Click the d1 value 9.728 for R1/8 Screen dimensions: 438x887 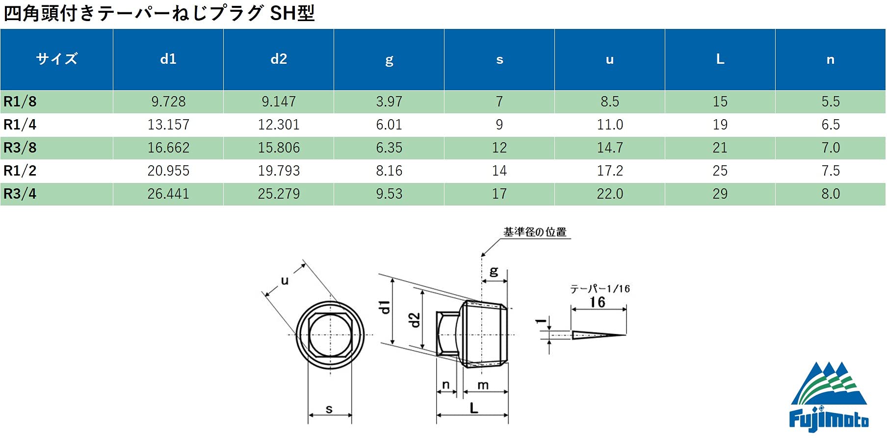pyautogui.click(x=168, y=102)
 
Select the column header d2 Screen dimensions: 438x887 pyautogui.click(x=279, y=59)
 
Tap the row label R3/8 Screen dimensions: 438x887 pyautogui.click(x=20, y=148)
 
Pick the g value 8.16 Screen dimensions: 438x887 pyautogui.click(x=389, y=171)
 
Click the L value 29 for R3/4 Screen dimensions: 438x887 pyautogui.click(x=720, y=194)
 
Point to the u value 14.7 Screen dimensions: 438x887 pyautogui.click(x=610, y=148)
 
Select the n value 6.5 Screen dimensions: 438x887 pyautogui.click(x=831, y=125)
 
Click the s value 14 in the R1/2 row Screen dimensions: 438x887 pyautogui.click(x=499, y=171)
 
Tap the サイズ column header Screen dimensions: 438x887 pyautogui.click(x=56, y=59)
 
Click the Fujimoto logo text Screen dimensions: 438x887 pyautogui.click(x=828, y=419)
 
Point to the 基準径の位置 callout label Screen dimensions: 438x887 pyautogui.click(x=535, y=232)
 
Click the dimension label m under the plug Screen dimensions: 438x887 pyautogui.click(x=483, y=385)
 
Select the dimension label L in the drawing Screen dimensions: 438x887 pyautogui.click(x=473, y=408)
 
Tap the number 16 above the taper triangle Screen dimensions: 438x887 pyautogui.click(x=597, y=302)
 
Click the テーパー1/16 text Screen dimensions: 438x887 pyautogui.click(x=600, y=289)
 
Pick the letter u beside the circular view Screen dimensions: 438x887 pyautogui.click(x=285, y=281)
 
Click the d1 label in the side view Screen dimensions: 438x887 pyautogui.click(x=385, y=307)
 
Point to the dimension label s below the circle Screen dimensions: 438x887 pyautogui.click(x=329, y=409)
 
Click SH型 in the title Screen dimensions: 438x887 pyautogui.click(x=292, y=13)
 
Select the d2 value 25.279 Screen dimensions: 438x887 pyautogui.click(x=279, y=194)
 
